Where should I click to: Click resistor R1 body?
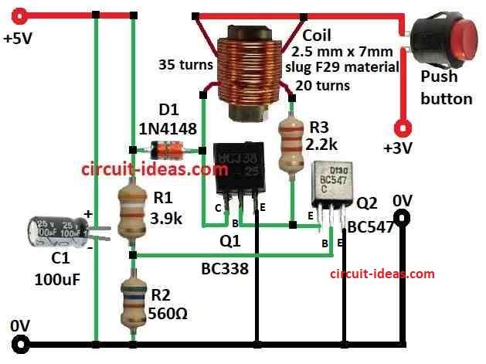click(133, 213)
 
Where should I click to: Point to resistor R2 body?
click(134, 304)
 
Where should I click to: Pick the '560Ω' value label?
click(168, 314)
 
